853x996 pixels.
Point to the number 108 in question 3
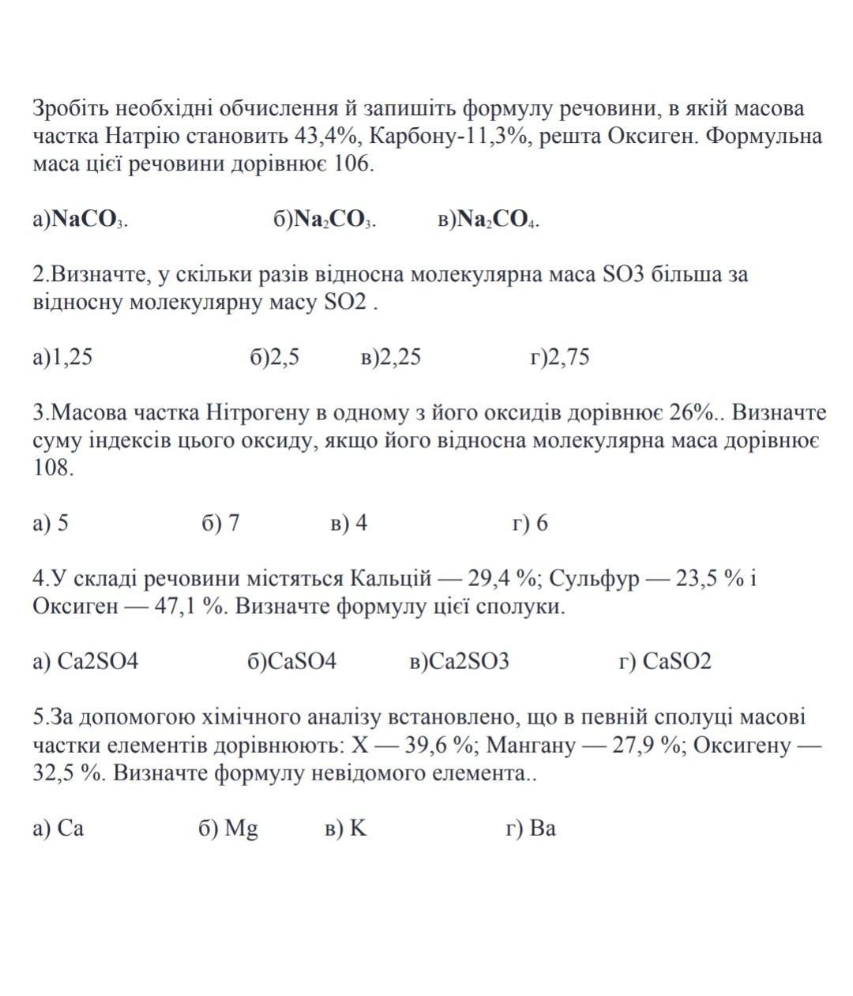tap(53, 468)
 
